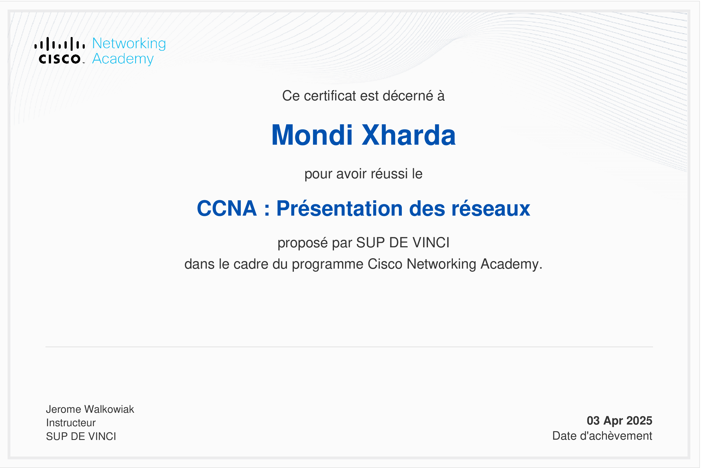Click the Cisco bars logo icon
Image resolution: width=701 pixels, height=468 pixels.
click(x=60, y=44)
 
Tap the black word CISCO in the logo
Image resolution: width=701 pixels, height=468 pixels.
click(x=60, y=59)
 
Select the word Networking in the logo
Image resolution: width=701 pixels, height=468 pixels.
click(x=129, y=43)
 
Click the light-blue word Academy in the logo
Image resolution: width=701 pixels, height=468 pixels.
click(x=123, y=59)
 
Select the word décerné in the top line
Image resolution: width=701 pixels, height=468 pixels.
click(x=408, y=96)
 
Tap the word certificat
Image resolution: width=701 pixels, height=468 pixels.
click(x=330, y=96)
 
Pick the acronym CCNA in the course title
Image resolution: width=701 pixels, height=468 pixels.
click(x=227, y=208)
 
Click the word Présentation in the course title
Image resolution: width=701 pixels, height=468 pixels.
click(x=340, y=208)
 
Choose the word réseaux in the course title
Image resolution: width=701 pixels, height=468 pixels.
click(x=491, y=208)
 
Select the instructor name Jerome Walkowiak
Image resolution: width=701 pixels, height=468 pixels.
click(x=90, y=409)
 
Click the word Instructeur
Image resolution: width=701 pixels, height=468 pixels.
click(x=71, y=423)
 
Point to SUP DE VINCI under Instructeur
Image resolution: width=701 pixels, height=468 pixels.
click(x=81, y=436)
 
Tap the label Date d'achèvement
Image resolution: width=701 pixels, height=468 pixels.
click(x=602, y=436)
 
